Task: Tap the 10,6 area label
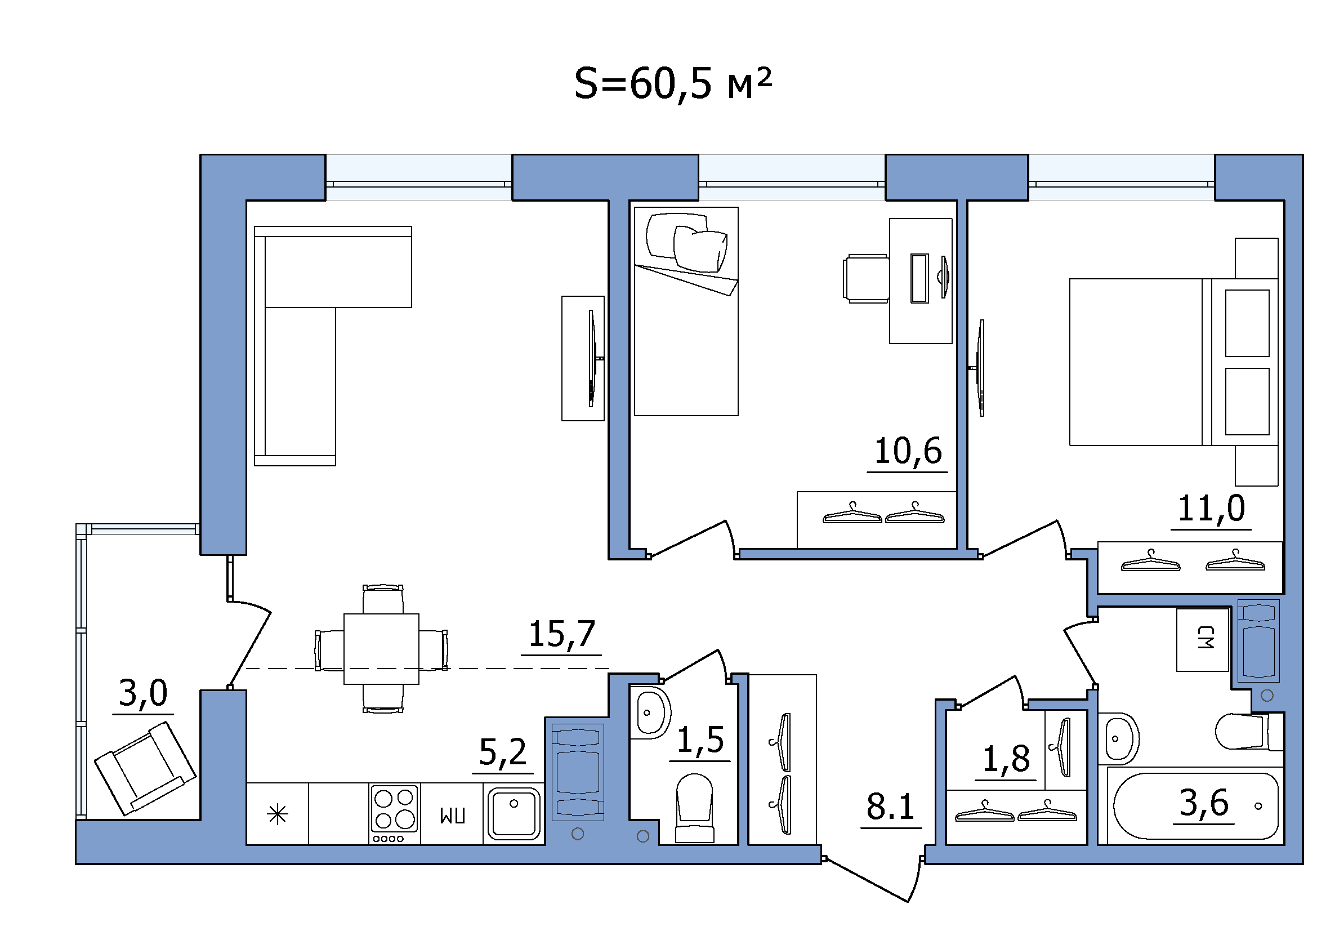[x=908, y=451]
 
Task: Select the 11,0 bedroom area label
[x=1211, y=508]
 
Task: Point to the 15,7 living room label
[x=561, y=634]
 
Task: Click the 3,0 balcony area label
[x=143, y=693]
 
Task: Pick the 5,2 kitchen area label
[x=503, y=752]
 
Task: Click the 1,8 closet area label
[x=1006, y=759]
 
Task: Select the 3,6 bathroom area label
[x=1203, y=803]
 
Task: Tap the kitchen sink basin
[x=514, y=814]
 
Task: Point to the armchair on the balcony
[x=146, y=768]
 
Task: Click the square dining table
[x=381, y=649]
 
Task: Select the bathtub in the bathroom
[x=1196, y=806]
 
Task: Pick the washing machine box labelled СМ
[x=1203, y=640]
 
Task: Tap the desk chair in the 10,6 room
[x=866, y=278]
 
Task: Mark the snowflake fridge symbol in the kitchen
[x=278, y=814]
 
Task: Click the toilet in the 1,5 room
[x=695, y=808]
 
